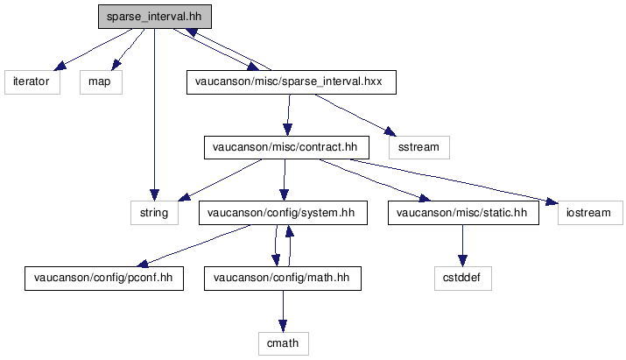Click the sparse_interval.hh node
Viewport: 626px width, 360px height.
tap(155, 17)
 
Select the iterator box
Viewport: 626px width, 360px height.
tap(32, 82)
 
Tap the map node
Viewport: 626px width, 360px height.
tap(101, 82)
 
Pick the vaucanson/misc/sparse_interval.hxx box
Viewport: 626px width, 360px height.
tap(292, 82)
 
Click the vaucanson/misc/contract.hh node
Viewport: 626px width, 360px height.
tap(286, 148)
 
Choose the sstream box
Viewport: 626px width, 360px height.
tap(419, 148)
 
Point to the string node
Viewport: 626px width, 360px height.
tap(154, 213)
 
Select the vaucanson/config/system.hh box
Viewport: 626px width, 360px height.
tap(283, 213)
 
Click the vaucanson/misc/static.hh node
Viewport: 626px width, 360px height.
tap(463, 213)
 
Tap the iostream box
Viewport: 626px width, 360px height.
tap(590, 213)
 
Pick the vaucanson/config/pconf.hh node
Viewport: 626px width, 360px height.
tap(104, 279)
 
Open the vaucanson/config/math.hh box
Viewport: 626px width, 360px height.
tap(283, 279)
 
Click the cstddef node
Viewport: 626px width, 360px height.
tap(463, 279)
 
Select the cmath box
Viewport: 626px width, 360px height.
tap(284, 343)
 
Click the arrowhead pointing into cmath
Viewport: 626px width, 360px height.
tap(283, 326)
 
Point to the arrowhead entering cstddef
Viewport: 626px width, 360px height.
tap(462, 260)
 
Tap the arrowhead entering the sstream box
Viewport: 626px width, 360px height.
tap(390, 132)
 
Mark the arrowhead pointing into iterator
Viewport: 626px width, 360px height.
tap(60, 66)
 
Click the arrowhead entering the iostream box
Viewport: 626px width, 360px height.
tap(552, 201)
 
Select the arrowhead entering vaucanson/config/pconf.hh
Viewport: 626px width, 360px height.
tap(143, 264)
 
